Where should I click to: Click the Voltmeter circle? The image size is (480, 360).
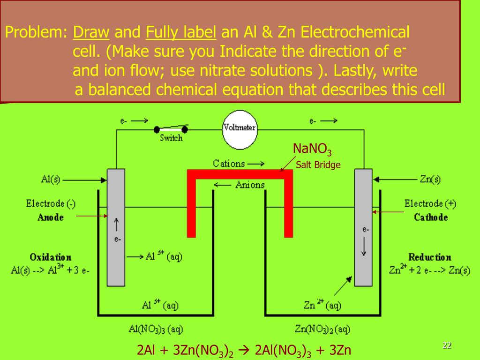pos(240,127)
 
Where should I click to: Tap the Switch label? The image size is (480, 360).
pos(171,138)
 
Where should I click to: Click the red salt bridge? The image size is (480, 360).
pos(240,174)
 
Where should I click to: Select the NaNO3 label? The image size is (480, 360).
pos(312,150)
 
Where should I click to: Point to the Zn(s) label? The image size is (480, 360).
pos(430,179)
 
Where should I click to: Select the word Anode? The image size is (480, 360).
pos(51,217)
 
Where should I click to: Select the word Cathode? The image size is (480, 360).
pos(431,217)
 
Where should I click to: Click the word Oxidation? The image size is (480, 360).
pos(51,257)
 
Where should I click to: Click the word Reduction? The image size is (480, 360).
pos(429,257)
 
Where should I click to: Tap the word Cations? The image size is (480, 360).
pos(229,164)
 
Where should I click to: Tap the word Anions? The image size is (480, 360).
pos(250,185)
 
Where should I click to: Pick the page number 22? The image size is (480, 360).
pos(447,345)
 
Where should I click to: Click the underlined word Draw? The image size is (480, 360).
pos(91,32)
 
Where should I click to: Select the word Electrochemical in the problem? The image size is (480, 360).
pos(355,32)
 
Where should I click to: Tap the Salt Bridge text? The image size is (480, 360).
pos(318,165)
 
